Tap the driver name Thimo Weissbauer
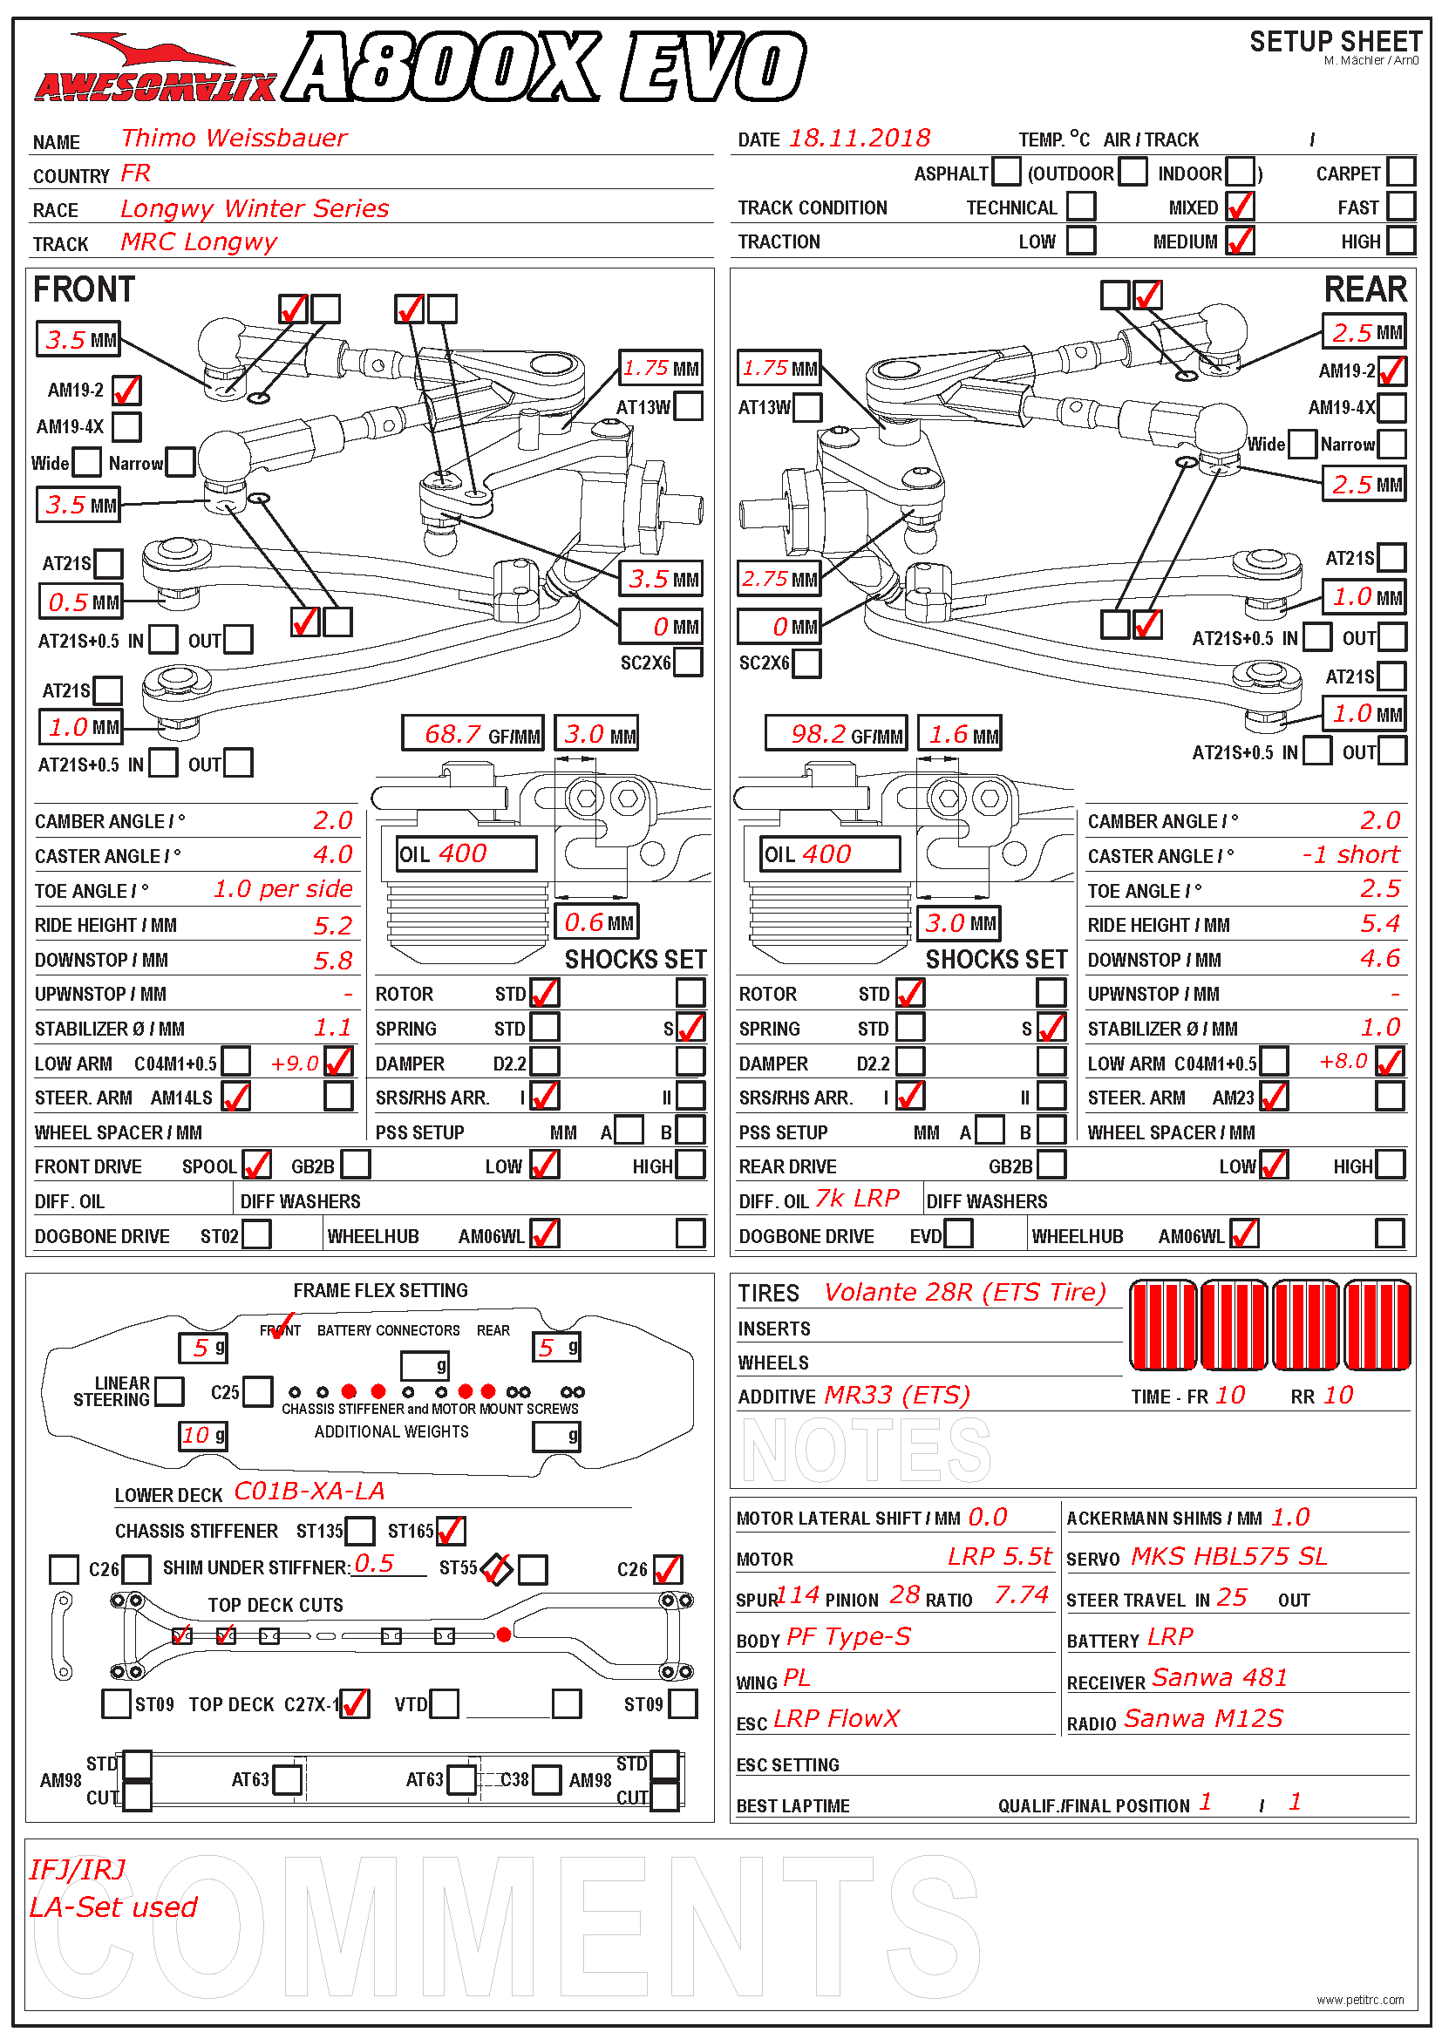coord(234,139)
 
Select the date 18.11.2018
coord(860,139)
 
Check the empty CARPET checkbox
coord(1400,172)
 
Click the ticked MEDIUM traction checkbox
coord(1241,241)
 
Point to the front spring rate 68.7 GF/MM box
coord(473,733)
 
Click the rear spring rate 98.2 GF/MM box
coord(836,733)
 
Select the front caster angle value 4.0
coord(333,854)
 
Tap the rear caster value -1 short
coord(1350,854)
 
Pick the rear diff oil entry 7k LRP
coord(858,1199)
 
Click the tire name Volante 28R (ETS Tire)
coord(965,1292)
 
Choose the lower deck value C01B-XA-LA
coord(309,1491)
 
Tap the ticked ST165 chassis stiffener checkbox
coord(450,1530)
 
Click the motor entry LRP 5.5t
coord(1000,1556)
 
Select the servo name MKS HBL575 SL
coord(1229,1556)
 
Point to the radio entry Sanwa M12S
coord(1203,1718)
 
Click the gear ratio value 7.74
coord(1021,1595)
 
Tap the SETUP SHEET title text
coord(1336,42)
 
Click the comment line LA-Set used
coord(112,1906)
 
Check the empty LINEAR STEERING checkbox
coord(169,1390)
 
